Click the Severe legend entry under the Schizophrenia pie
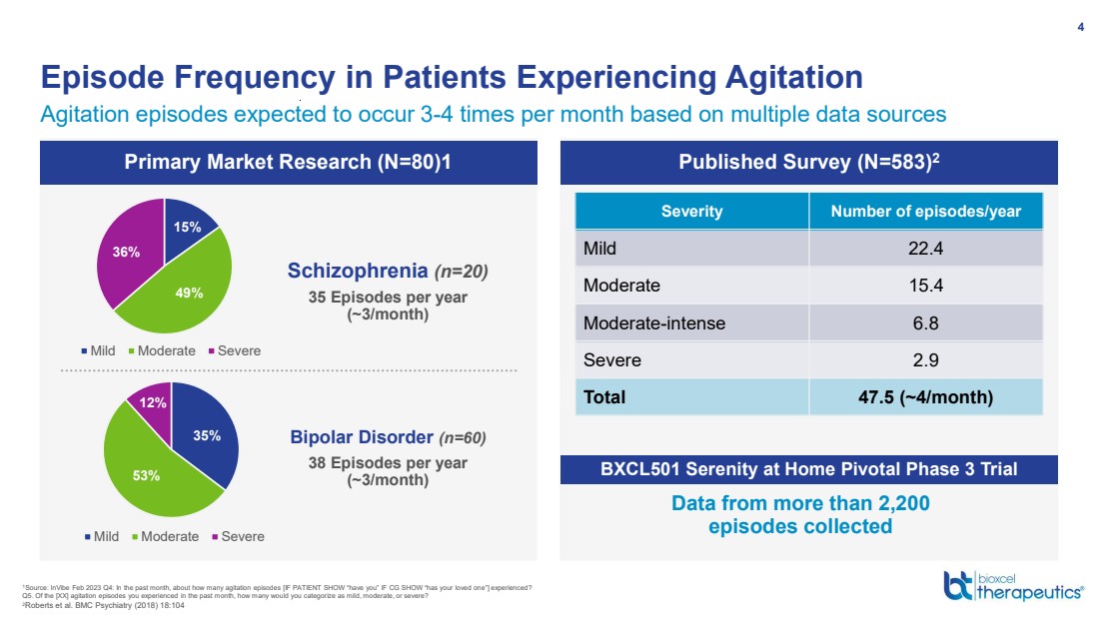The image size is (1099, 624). [x=237, y=350]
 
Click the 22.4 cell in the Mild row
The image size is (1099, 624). [x=926, y=249]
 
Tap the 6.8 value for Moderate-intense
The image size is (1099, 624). [x=926, y=322]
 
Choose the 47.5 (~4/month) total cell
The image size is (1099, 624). [x=926, y=396]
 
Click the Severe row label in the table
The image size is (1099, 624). [x=611, y=359]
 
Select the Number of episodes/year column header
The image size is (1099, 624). [x=926, y=212]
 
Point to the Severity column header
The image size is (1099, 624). [x=691, y=212]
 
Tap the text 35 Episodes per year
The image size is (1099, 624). [x=388, y=298]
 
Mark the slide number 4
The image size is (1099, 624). [x=1080, y=27]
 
